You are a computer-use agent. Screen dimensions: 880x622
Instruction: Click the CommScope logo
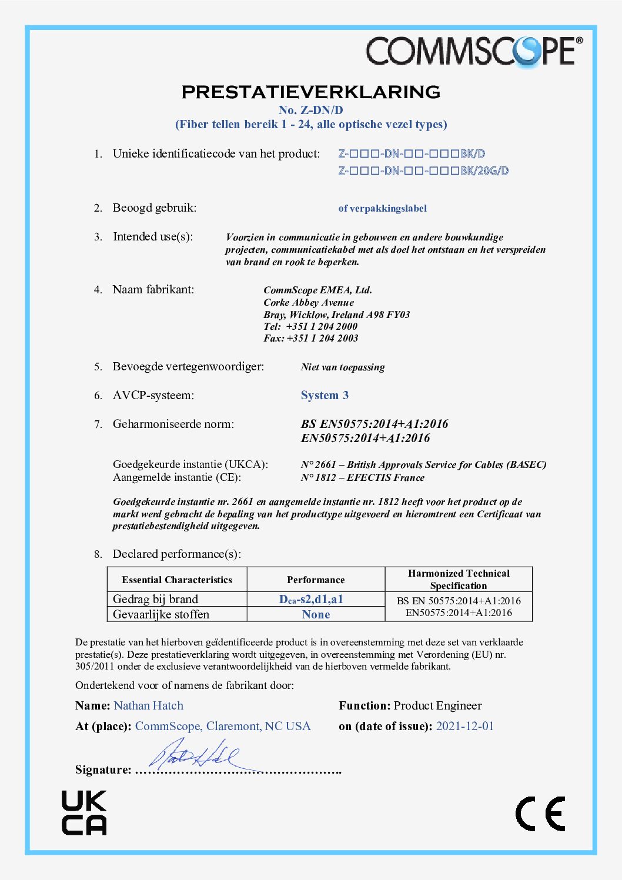point(474,51)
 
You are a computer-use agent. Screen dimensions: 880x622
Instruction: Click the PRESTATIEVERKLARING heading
point(311,92)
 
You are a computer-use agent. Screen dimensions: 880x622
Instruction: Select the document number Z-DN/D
point(310,110)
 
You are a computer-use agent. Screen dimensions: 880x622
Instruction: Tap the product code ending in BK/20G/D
point(423,171)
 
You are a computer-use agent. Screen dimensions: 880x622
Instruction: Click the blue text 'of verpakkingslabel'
point(382,208)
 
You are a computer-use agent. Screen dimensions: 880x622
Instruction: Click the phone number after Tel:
point(322,326)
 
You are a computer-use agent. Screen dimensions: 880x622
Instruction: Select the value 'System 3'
point(325,395)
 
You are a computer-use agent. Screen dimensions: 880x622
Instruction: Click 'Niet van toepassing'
point(343,367)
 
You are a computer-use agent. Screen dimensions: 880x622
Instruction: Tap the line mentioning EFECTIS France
point(362,477)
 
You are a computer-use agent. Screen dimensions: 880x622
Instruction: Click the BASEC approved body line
point(423,464)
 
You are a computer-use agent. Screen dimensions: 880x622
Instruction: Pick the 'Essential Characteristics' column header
point(177,580)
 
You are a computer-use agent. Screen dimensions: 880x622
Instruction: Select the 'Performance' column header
point(316,580)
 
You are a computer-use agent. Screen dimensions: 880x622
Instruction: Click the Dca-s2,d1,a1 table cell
point(311,599)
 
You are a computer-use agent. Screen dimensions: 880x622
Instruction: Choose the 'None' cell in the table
point(316,614)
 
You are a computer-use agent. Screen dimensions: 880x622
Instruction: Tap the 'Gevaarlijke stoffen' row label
point(161,614)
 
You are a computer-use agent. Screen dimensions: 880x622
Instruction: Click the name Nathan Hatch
point(149,705)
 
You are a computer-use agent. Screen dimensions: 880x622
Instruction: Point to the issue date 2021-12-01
point(465,726)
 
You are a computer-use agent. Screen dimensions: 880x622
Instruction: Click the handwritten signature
point(194,756)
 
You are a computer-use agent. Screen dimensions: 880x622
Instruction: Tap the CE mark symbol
point(540,814)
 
